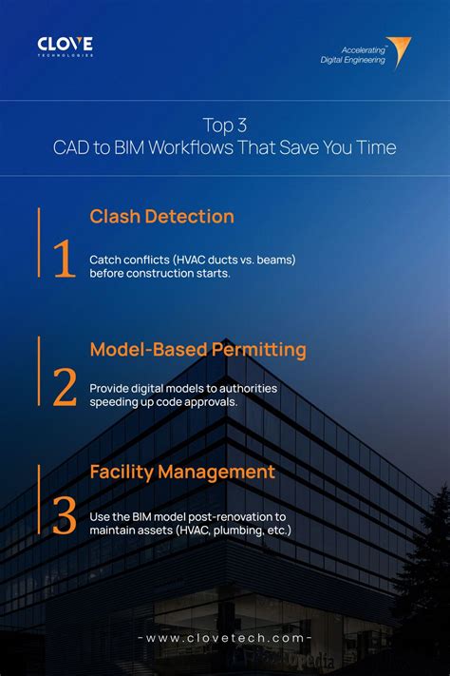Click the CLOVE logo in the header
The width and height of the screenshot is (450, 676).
click(x=66, y=45)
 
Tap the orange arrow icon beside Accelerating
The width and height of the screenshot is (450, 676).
click(x=399, y=51)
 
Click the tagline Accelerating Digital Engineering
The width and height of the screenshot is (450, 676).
click(x=352, y=55)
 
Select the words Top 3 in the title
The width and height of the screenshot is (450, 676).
click(x=224, y=125)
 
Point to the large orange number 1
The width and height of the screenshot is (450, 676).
click(x=65, y=260)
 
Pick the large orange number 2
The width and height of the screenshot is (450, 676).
click(x=65, y=388)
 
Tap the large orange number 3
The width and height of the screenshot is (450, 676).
click(x=65, y=514)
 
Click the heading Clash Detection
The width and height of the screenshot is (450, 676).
click(x=161, y=217)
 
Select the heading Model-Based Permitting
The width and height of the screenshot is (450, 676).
click(x=197, y=350)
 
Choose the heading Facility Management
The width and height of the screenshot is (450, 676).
click(x=182, y=472)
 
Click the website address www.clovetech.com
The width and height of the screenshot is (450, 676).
click(x=225, y=638)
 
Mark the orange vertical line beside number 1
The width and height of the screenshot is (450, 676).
click(x=39, y=242)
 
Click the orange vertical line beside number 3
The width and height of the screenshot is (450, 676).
click(x=39, y=499)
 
